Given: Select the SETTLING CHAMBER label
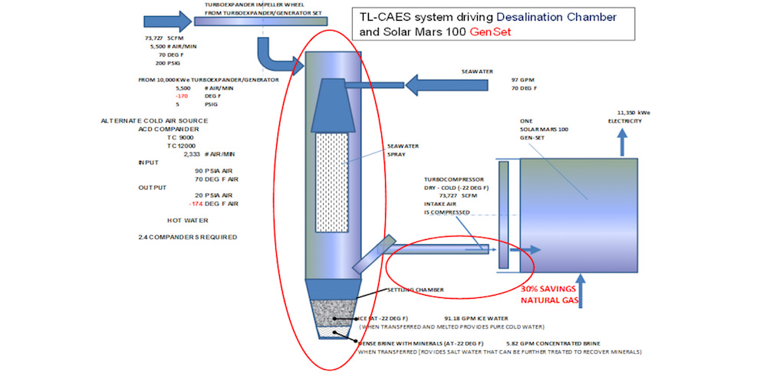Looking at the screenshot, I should [416, 290].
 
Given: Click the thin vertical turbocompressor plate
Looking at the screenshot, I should [503, 214].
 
